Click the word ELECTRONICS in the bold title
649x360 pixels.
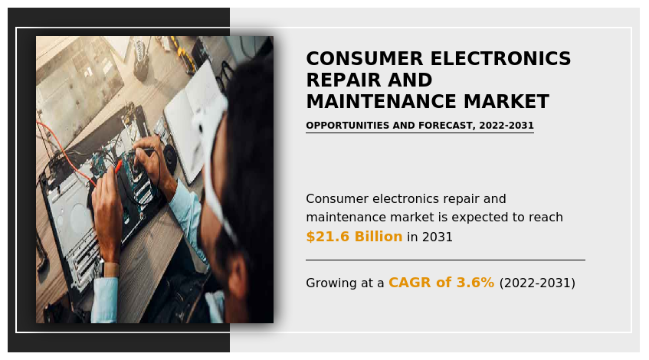(x=500, y=59)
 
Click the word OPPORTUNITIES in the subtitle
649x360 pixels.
(x=348, y=126)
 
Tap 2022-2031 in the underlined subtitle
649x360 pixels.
(x=506, y=126)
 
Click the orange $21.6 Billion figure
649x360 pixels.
(x=354, y=237)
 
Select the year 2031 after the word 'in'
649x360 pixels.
(x=437, y=237)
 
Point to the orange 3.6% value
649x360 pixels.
(x=475, y=283)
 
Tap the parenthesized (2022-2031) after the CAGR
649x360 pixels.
(x=537, y=283)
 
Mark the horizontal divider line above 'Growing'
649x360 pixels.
(x=445, y=260)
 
